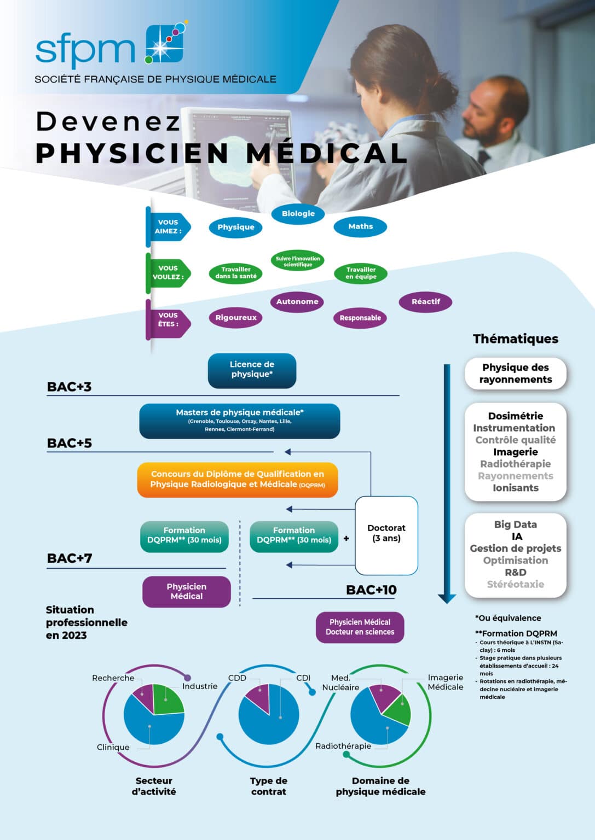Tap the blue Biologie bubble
click(298, 214)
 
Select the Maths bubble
click(360, 226)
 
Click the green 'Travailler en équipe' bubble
click(361, 273)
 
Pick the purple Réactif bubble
click(425, 302)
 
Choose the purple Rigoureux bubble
click(236, 318)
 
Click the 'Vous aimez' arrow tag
click(169, 227)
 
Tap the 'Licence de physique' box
click(252, 370)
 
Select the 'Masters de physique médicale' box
click(240, 421)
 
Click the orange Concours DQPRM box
click(238, 480)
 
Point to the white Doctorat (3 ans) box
click(386, 534)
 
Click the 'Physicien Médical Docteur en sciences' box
click(360, 627)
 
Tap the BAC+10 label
click(371, 590)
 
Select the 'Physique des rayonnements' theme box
click(515, 374)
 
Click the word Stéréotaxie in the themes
click(515, 585)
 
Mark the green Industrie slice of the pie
click(167, 701)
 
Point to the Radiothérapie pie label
click(343, 746)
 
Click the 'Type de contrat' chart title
click(268, 786)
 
